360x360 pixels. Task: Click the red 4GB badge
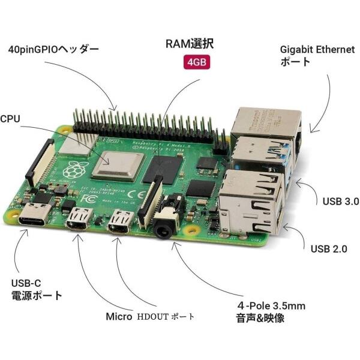pos(197,63)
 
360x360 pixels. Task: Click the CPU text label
pos(10,119)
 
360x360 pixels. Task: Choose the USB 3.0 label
pos(340,202)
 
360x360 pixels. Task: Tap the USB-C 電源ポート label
pos(37,289)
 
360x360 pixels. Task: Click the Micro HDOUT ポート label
pos(151,316)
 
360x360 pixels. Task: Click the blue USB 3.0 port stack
pos(258,153)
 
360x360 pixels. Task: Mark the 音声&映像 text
pos(260,319)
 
